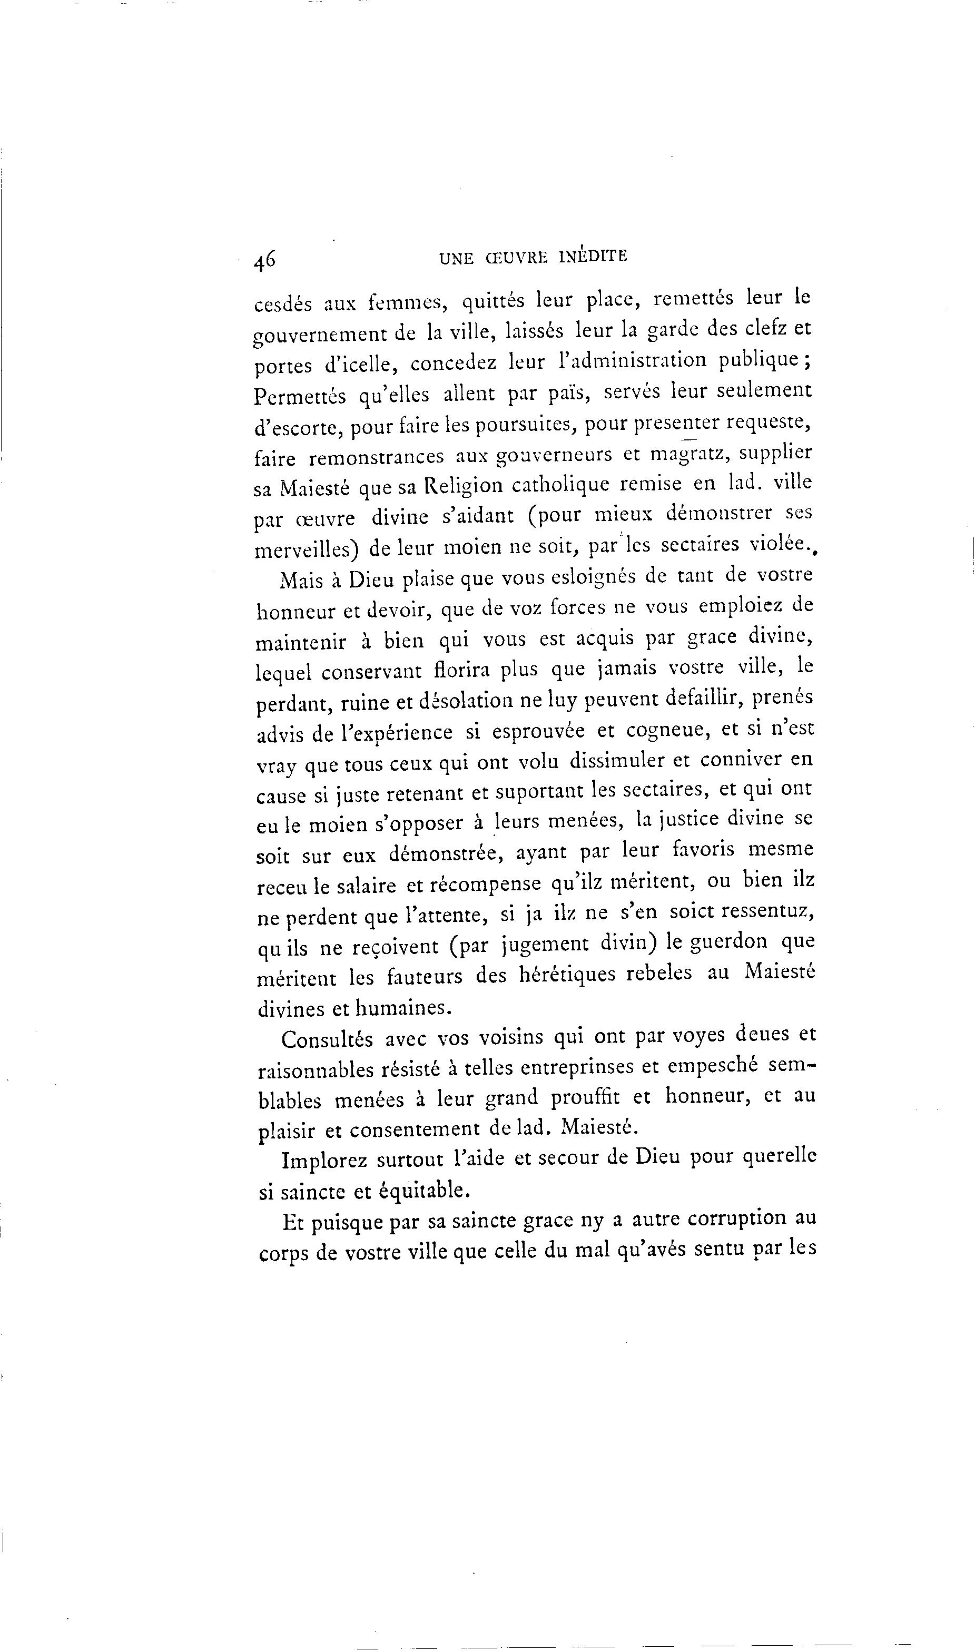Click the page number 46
pyautogui.click(x=265, y=260)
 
